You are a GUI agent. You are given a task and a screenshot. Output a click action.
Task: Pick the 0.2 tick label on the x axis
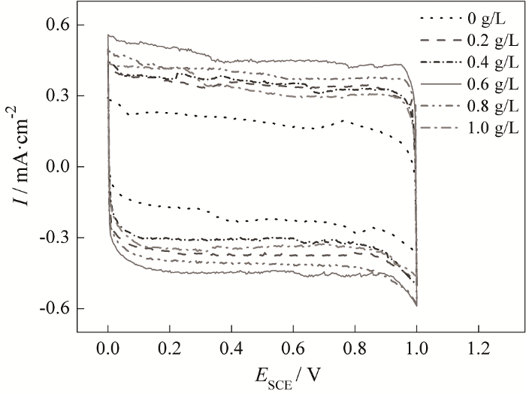[170, 350]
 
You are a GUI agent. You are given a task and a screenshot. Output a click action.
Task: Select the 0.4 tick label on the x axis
[231, 350]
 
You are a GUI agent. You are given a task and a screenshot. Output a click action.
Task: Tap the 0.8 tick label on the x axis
[355, 350]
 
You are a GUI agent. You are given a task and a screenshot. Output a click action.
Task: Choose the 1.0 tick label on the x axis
[416, 350]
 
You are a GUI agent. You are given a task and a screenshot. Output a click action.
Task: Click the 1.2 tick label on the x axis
[478, 350]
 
